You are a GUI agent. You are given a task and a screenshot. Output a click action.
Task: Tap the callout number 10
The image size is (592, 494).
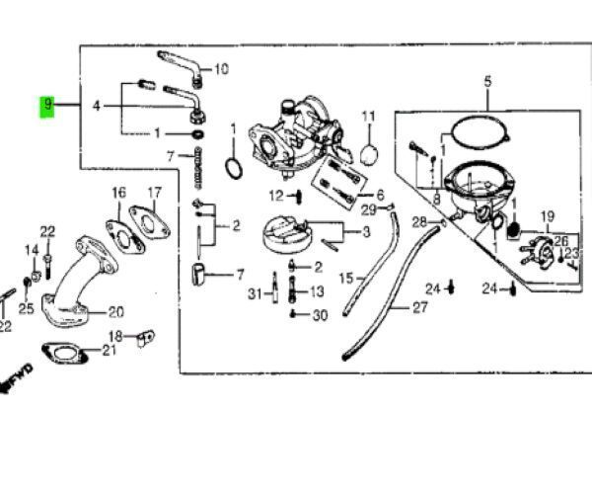tap(221, 69)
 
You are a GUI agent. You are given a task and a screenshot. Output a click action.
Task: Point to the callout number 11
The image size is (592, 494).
tap(369, 118)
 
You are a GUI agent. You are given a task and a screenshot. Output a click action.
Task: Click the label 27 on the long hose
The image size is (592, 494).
tap(421, 308)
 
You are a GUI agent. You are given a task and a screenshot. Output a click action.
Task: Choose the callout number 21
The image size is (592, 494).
tap(110, 351)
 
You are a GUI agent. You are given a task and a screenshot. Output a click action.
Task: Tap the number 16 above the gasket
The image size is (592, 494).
tap(118, 193)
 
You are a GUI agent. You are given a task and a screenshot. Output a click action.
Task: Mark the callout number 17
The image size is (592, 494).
tap(155, 193)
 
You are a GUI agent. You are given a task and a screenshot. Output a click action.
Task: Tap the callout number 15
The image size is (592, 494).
tap(345, 280)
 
